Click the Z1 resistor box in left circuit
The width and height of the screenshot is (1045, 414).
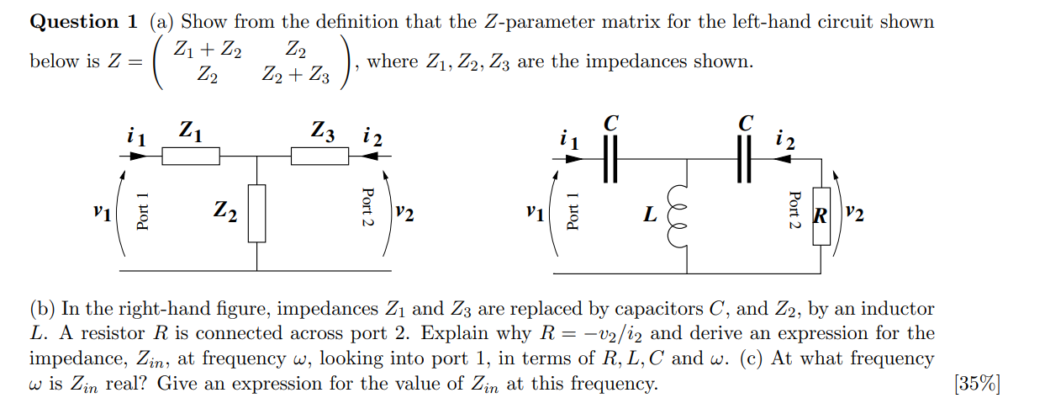(x=190, y=157)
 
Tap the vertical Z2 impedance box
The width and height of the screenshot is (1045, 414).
(x=257, y=213)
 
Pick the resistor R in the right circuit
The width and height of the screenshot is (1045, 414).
(x=821, y=217)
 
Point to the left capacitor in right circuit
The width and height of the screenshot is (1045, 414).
(x=610, y=157)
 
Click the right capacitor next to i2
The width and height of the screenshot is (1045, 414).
(x=742, y=157)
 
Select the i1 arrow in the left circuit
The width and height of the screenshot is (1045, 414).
(x=135, y=157)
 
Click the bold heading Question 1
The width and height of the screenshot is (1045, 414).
(x=74, y=22)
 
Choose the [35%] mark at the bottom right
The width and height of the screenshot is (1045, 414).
(x=977, y=385)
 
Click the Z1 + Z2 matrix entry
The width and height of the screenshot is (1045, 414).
(x=208, y=51)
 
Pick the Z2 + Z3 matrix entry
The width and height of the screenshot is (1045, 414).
(x=295, y=77)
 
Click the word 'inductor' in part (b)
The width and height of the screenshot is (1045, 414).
(x=895, y=310)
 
